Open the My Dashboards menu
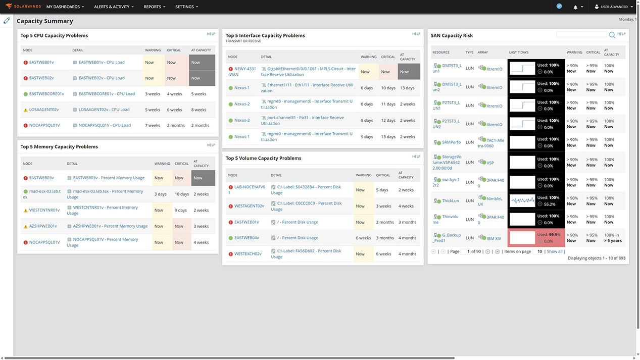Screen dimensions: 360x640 tap(65, 7)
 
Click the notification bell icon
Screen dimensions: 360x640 tap(575, 7)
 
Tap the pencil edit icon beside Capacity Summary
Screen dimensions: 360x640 tap(7, 21)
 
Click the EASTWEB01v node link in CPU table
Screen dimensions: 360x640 tap(41, 63)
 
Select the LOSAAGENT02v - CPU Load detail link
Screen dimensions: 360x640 tap(104, 110)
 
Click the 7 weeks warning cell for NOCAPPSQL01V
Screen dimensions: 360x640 tap(152, 125)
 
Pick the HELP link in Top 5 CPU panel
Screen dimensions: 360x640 tap(211, 34)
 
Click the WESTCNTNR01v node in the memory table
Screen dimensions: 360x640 tap(44, 210)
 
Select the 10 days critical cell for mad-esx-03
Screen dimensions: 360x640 tap(181, 194)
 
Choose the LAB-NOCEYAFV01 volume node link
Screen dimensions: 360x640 tap(250, 189)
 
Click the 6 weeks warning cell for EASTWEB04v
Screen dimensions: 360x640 tap(364, 238)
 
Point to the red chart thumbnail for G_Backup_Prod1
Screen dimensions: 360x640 tap(522, 238)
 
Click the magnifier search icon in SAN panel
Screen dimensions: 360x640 tap(612, 35)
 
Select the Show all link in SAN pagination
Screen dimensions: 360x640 tap(554, 251)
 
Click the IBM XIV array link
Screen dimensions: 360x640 tap(494, 238)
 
